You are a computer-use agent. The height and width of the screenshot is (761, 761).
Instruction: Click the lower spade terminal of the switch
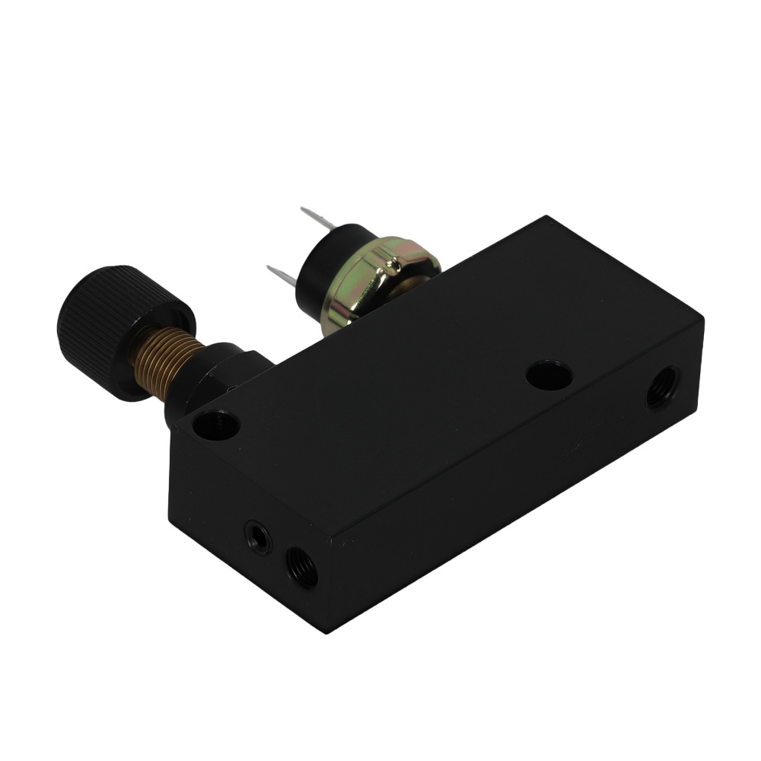282,275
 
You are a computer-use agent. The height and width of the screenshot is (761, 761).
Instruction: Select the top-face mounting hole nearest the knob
216,425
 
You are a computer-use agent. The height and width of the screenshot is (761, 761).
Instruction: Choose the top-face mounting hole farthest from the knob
549,375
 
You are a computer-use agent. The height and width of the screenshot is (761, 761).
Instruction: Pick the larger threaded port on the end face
301,567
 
